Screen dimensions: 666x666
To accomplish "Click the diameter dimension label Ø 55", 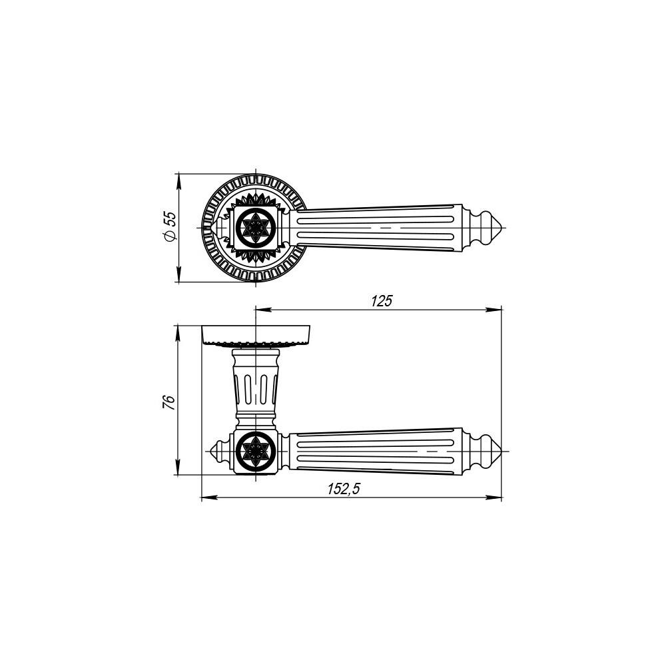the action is [x=169, y=227].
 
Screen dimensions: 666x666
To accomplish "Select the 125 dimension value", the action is [x=382, y=301].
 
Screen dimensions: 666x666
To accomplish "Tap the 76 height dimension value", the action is [x=168, y=402].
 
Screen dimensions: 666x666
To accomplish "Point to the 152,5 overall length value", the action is [x=343, y=489].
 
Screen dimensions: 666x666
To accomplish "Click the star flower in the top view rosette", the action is [x=256, y=228].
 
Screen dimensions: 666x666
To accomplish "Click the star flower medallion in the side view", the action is [x=256, y=452].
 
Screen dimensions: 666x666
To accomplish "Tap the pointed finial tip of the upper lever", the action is [x=502, y=228].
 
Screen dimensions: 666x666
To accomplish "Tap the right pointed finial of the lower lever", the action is [x=501, y=452].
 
